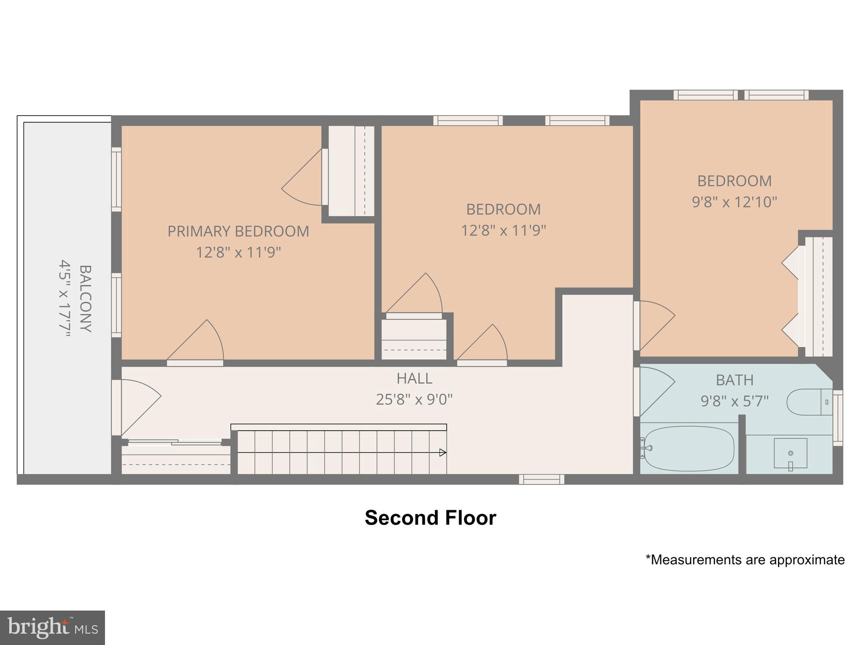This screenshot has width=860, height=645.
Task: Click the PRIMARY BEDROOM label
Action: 238,231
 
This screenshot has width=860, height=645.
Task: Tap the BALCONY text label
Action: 86,298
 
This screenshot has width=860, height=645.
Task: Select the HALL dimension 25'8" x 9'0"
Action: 414,399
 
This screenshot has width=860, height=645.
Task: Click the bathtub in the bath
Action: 689,448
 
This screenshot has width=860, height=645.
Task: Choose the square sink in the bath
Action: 790,453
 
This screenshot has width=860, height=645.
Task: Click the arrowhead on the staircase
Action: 443,452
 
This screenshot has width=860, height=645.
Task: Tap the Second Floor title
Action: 430,518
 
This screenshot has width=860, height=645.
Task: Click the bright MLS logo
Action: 52,628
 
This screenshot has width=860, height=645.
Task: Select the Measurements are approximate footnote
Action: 745,560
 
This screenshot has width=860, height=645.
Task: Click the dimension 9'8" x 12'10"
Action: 734,202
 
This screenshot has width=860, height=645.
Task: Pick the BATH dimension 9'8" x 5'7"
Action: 734,401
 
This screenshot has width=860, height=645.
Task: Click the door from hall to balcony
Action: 136,405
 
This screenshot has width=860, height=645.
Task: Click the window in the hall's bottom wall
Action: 541,479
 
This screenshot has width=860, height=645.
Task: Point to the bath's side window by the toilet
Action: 837,417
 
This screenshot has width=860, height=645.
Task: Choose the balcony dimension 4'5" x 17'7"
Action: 64,298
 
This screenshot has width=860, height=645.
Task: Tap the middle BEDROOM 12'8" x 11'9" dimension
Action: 503,231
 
